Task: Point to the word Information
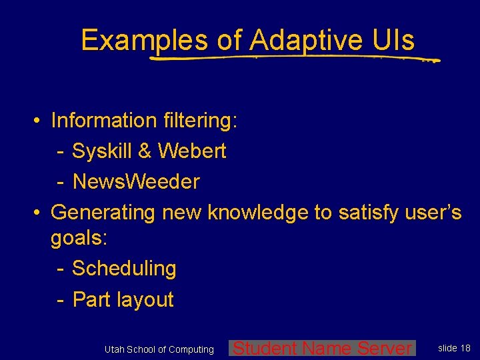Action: [103, 121]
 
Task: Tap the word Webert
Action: [192, 151]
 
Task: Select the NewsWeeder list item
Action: [136, 181]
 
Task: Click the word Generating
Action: [103, 212]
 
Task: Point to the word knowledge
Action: [259, 212]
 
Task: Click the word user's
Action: [434, 212]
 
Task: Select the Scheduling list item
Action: [124, 269]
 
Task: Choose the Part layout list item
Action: [123, 300]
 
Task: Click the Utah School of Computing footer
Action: [159, 349]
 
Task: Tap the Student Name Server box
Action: [323, 348]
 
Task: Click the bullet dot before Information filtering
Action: [39, 121]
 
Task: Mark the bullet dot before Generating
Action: [39, 213]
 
